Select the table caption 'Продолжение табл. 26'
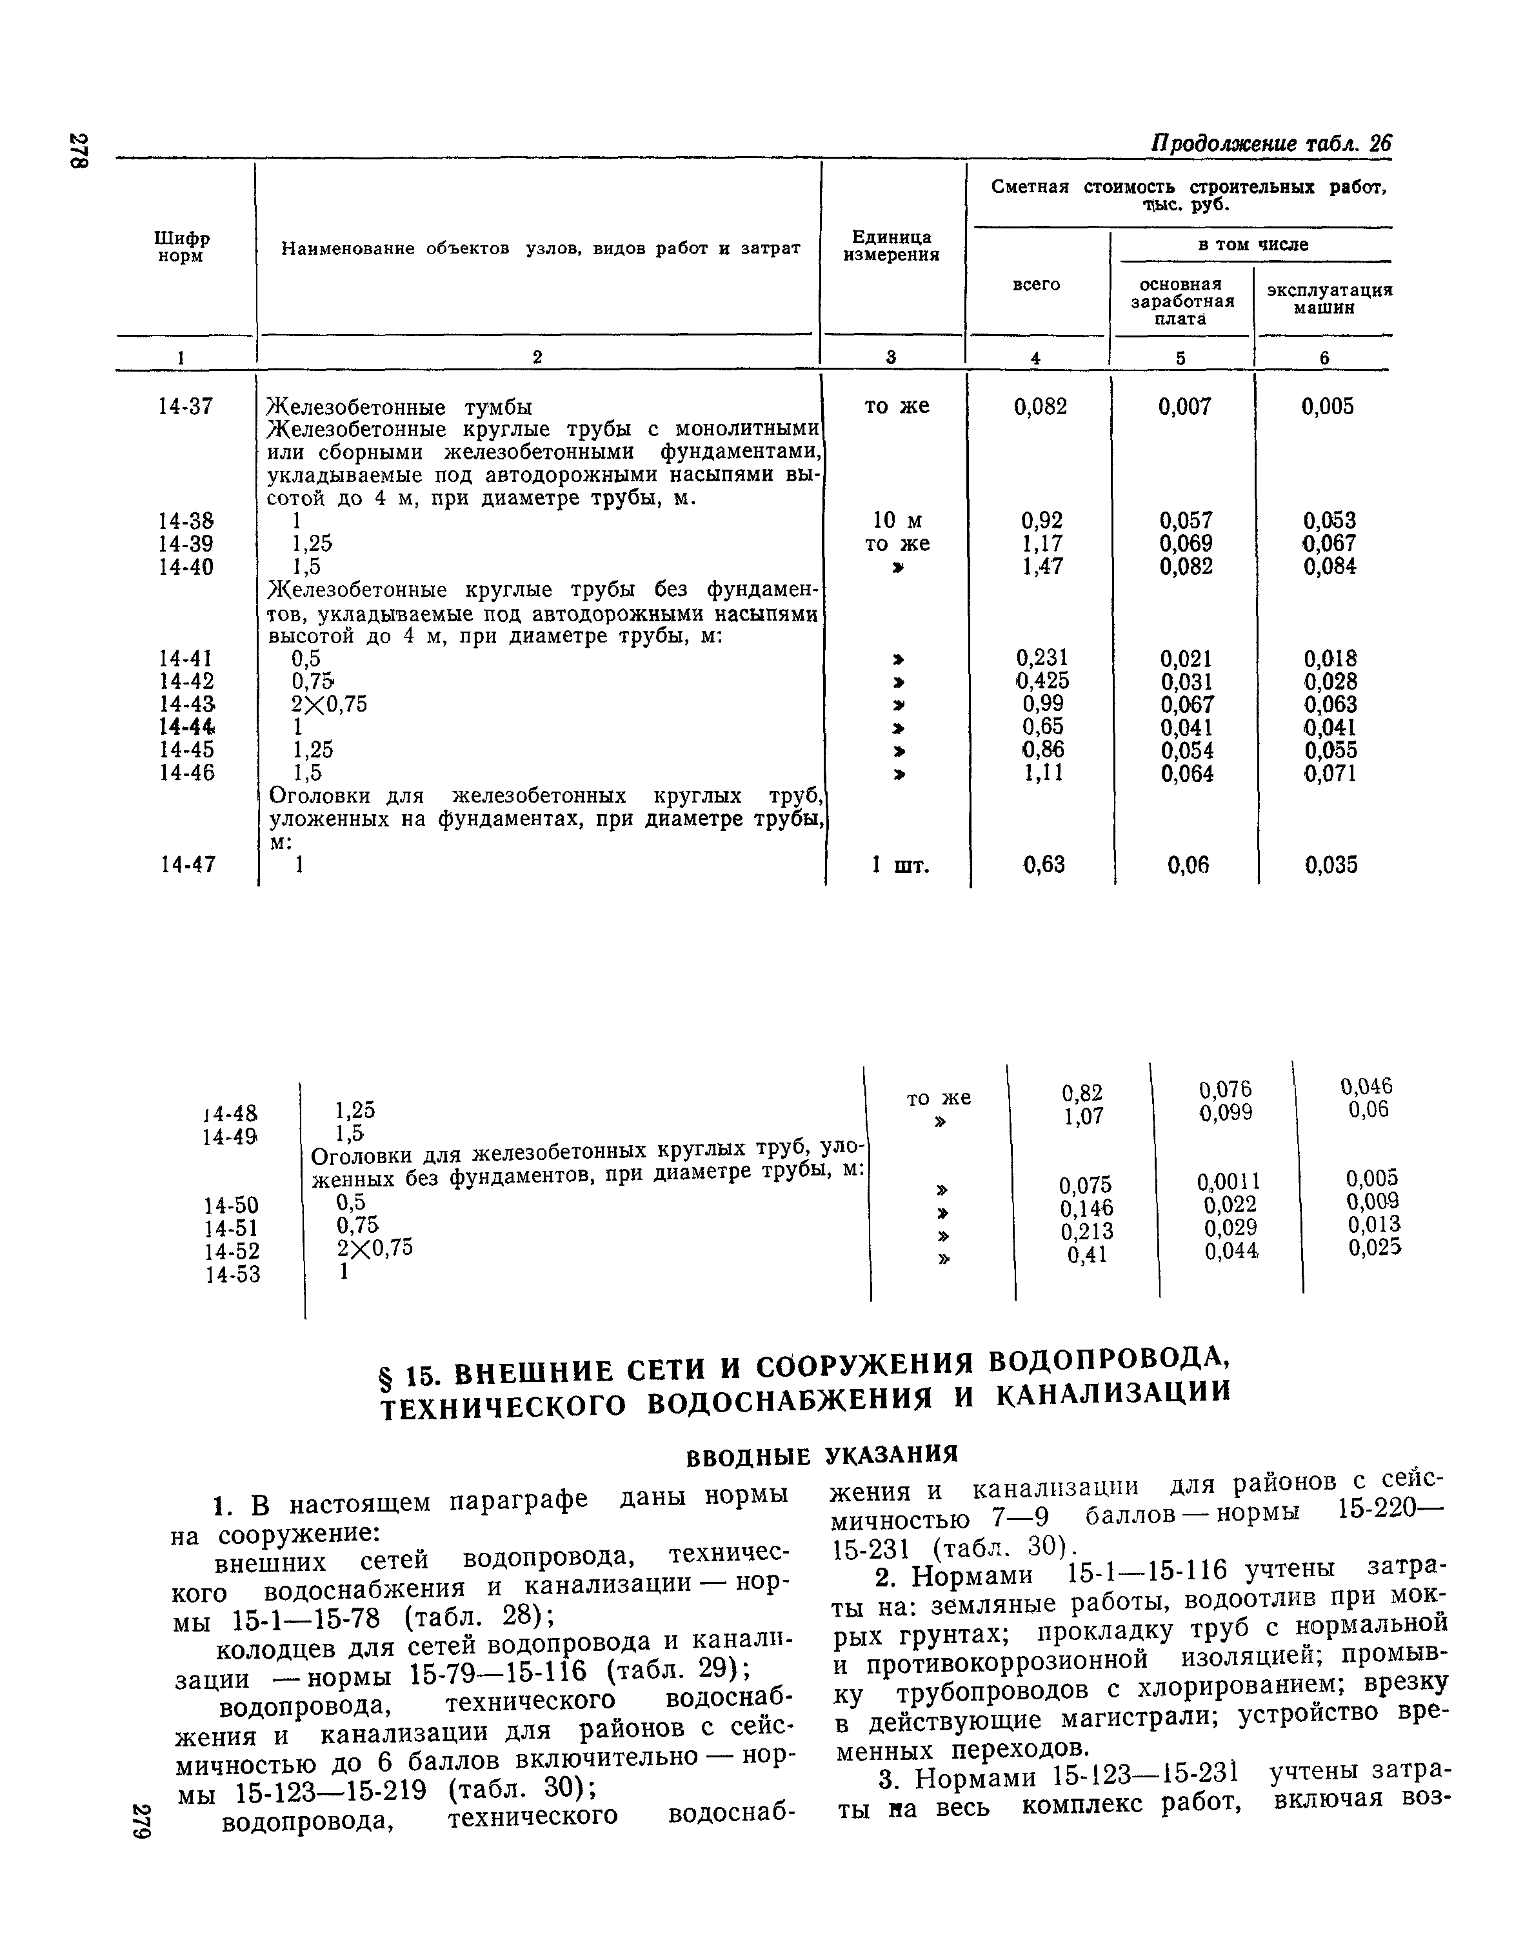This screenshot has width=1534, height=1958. (1271, 144)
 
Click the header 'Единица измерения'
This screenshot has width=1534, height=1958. (891, 245)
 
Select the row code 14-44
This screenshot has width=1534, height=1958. (187, 726)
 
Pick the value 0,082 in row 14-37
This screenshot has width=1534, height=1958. (1040, 407)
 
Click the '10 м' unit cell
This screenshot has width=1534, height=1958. (896, 521)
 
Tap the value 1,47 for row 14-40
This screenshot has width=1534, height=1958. (1042, 566)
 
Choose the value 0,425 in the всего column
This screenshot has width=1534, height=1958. (1042, 681)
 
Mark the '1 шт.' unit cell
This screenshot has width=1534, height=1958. (900, 865)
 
